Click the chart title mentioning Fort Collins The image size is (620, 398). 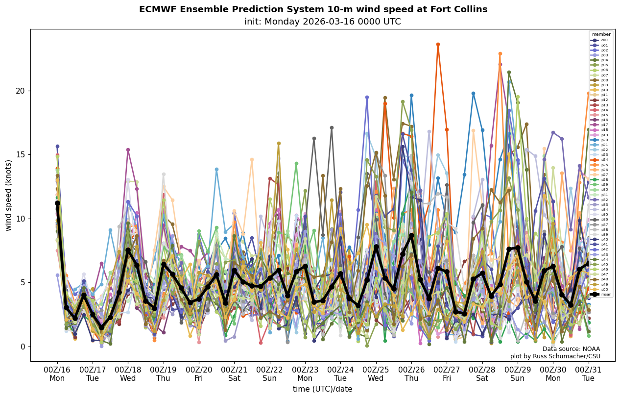point(313,9)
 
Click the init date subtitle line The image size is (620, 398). point(322,22)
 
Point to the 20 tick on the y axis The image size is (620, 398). point(21,91)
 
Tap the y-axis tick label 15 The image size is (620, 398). point(21,155)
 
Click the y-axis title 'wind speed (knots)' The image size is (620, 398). point(8,195)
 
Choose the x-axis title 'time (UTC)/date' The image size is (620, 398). point(322,389)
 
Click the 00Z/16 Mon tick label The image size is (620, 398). point(57,373)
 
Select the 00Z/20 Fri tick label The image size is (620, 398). point(199,373)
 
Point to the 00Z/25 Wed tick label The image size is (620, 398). point(376,373)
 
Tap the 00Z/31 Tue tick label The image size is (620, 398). point(588,373)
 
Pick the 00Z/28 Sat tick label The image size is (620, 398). point(482,373)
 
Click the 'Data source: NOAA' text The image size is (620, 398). point(571,349)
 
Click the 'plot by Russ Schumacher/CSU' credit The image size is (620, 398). point(555,356)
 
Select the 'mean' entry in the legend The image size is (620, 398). point(600,294)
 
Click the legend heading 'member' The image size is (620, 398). point(601,34)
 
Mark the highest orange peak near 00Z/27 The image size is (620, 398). point(438,45)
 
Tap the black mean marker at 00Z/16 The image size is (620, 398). point(57,203)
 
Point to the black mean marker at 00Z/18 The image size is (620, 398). point(128,250)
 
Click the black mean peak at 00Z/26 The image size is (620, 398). point(411,236)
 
